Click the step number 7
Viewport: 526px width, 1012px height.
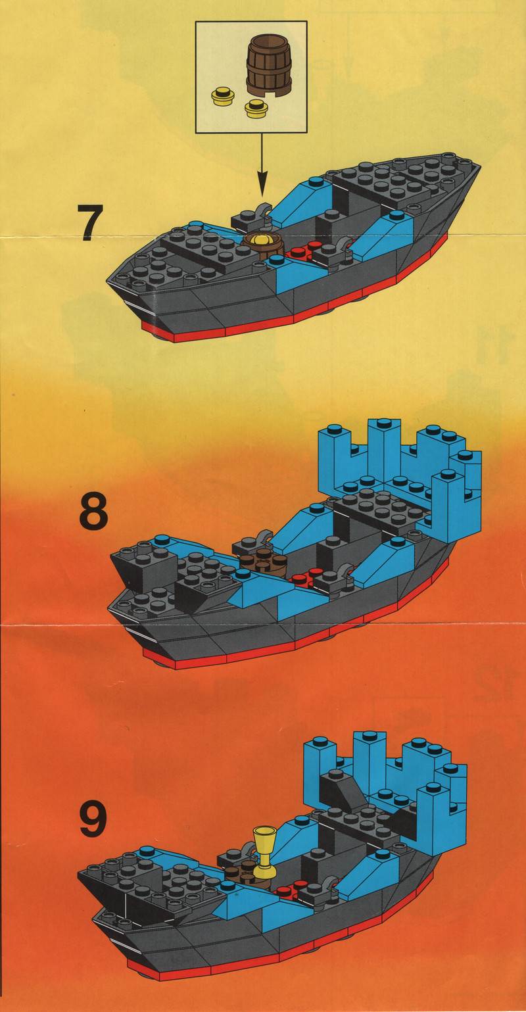click(x=90, y=222)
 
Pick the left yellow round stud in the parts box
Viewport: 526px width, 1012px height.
click(x=222, y=96)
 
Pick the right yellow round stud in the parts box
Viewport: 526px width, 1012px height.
click(x=255, y=108)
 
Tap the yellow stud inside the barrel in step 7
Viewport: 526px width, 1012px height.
click(x=262, y=239)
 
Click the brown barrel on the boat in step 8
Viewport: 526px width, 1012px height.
click(x=264, y=562)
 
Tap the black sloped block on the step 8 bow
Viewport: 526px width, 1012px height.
click(x=144, y=564)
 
